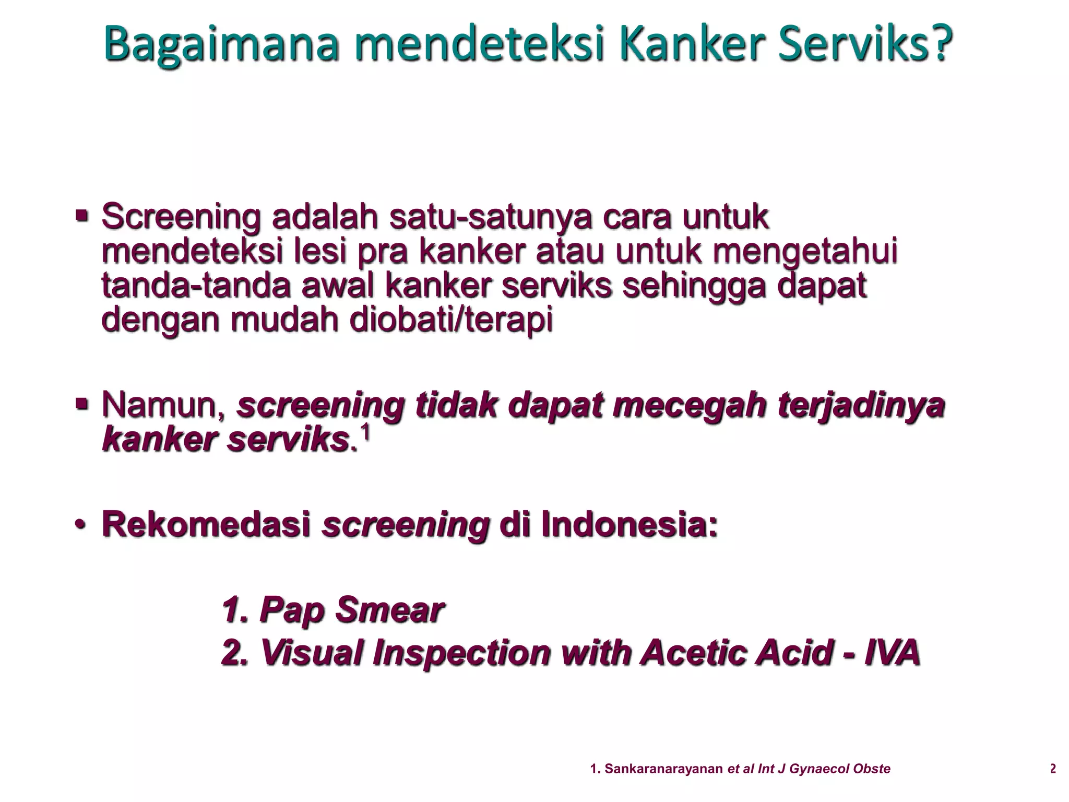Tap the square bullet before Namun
point(81,403)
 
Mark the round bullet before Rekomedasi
point(80,525)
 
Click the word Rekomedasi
point(207,525)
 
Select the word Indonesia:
point(629,525)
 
